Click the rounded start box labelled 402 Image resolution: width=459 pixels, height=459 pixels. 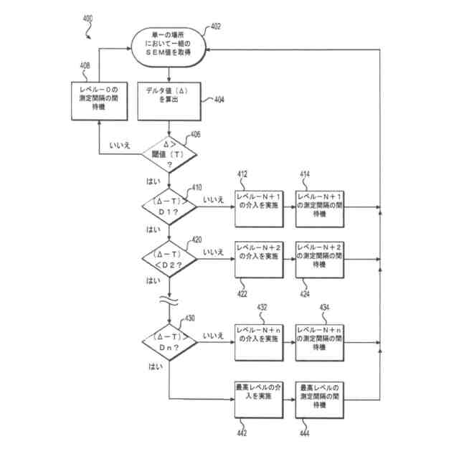pyautogui.click(x=169, y=47)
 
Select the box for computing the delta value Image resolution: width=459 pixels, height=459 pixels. pyautogui.click(x=169, y=101)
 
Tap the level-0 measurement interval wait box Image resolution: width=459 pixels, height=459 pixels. pyautogui.click(x=99, y=101)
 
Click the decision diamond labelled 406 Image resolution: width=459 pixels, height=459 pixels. pyautogui.click(x=169, y=154)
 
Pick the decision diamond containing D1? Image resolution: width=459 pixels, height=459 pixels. pyautogui.click(x=169, y=207)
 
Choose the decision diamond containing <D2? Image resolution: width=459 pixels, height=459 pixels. pyautogui.click(x=169, y=259)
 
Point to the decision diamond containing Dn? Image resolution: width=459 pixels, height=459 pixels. pyautogui.click(x=169, y=342)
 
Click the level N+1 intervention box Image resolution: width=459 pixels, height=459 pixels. pyautogui.click(x=259, y=209)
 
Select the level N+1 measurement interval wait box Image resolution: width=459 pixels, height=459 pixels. pyautogui.click(x=320, y=209)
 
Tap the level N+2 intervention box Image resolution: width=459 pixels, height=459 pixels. pyautogui.click(x=259, y=260)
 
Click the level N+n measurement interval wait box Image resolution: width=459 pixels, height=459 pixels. pyautogui.click(x=320, y=343)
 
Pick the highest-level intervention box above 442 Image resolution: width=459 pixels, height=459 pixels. pyautogui.click(x=259, y=400)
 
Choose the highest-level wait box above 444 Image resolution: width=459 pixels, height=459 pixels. pyautogui.click(x=320, y=400)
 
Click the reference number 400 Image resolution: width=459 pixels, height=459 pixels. pyautogui.click(x=87, y=19)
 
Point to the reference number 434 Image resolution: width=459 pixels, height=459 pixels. pyautogui.click(x=324, y=308)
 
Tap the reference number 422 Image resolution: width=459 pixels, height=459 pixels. pyautogui.click(x=242, y=293)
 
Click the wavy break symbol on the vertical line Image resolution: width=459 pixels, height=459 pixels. pyautogui.click(x=169, y=301)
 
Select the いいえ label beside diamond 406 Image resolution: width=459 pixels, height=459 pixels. pyautogui.click(x=120, y=145)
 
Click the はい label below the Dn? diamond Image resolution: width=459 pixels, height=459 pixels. pyautogui.click(x=156, y=366)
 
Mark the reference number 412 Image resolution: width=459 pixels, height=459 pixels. pyautogui.click(x=242, y=174)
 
